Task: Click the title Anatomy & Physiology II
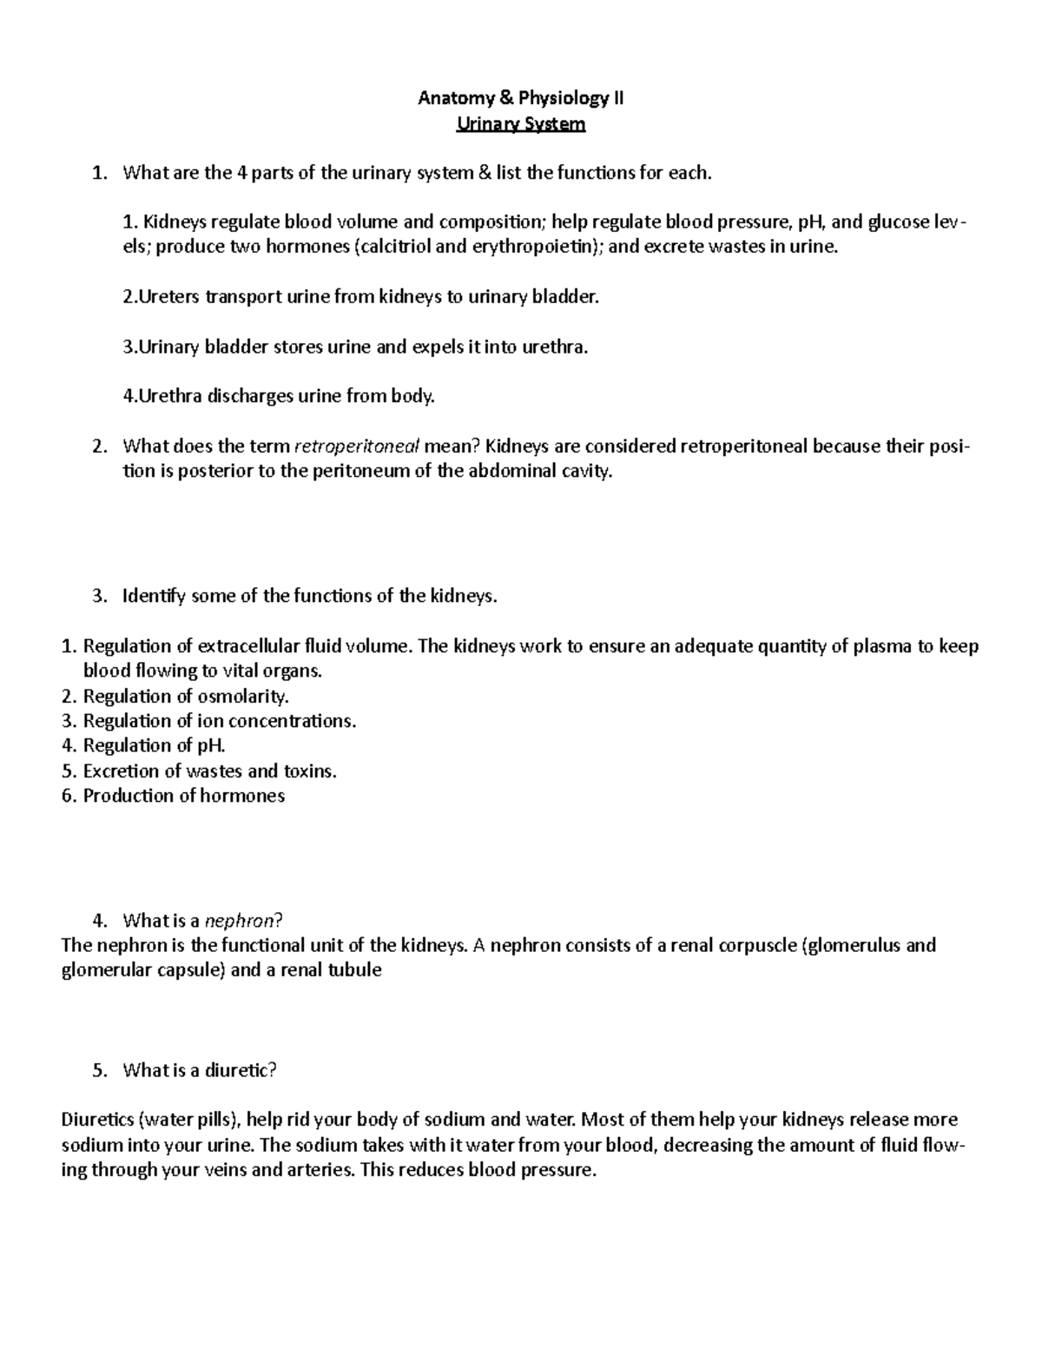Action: (x=520, y=98)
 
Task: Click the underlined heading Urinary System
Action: (x=521, y=124)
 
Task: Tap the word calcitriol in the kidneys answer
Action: (x=394, y=247)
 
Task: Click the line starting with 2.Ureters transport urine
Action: (x=360, y=297)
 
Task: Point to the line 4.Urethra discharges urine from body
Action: (x=278, y=397)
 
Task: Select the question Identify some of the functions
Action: (x=310, y=597)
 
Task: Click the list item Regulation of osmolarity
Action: (x=186, y=697)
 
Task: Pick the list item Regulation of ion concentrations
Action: (x=219, y=721)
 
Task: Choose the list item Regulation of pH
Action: (x=154, y=745)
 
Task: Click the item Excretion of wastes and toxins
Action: (x=209, y=771)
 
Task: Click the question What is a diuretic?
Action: (x=199, y=1070)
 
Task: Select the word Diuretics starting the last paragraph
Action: (x=96, y=1121)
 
